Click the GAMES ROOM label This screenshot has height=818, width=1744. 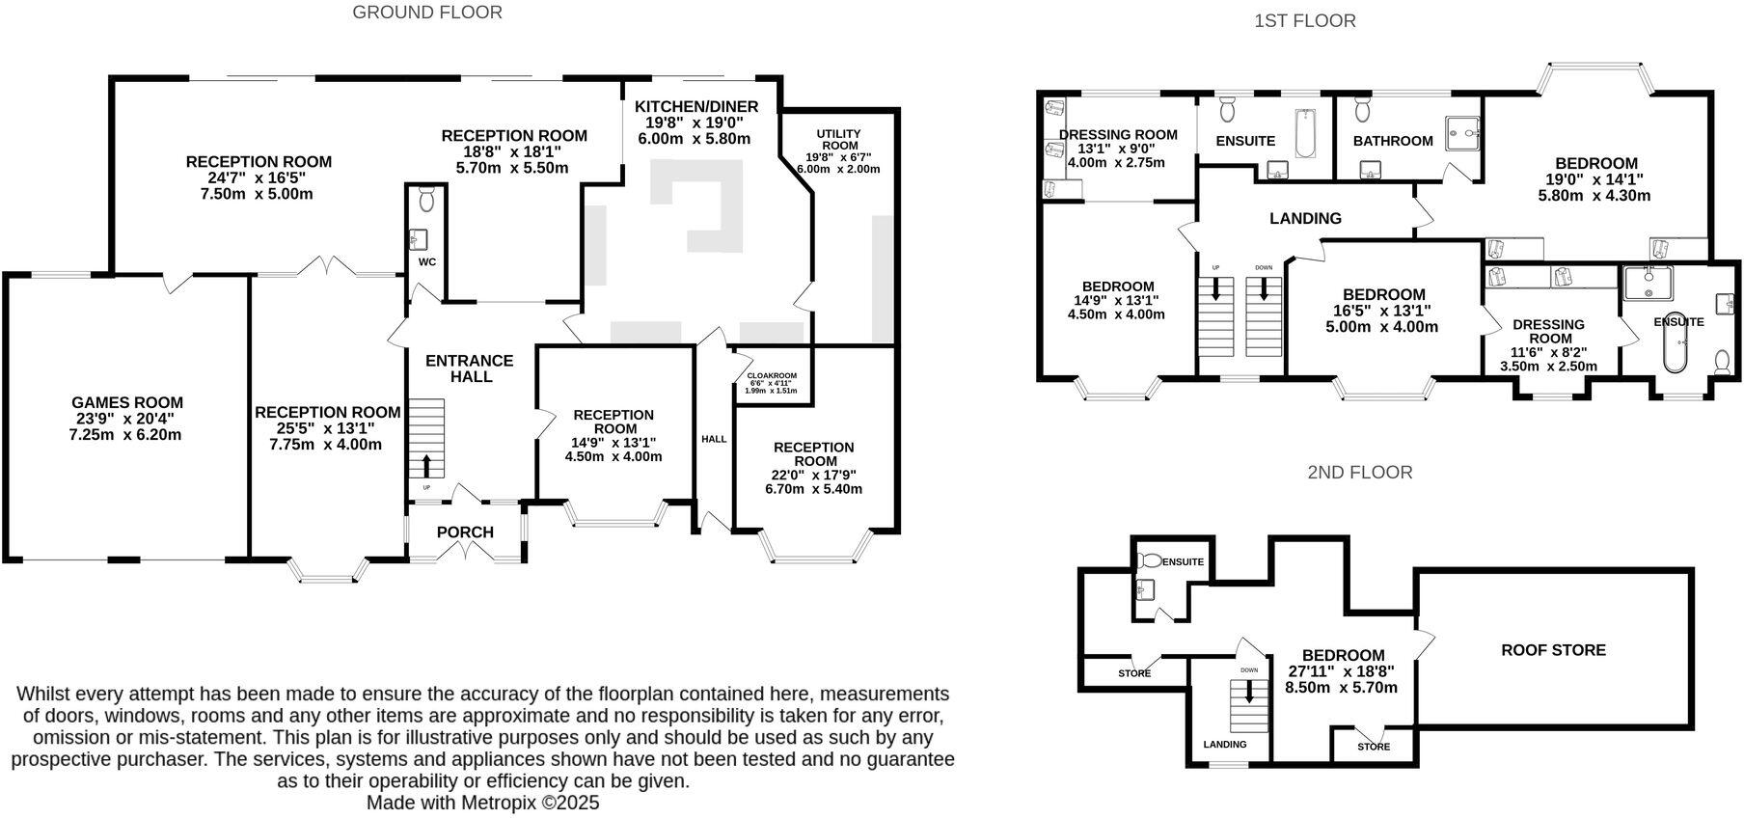click(x=126, y=402)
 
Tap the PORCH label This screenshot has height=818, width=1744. click(x=465, y=532)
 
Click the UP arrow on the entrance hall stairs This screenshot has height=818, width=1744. click(x=426, y=466)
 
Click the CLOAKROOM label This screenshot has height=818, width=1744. click(x=772, y=375)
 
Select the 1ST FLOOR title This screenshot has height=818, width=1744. click(x=1304, y=20)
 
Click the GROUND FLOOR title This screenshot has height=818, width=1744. click(x=427, y=13)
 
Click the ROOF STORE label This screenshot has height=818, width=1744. click(x=1553, y=650)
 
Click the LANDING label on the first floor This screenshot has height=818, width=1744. click(x=1305, y=218)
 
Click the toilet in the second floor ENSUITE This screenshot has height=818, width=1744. click(x=1150, y=560)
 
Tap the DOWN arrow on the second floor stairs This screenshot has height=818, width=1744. click(x=1250, y=692)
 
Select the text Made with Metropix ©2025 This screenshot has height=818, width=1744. click(x=482, y=803)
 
